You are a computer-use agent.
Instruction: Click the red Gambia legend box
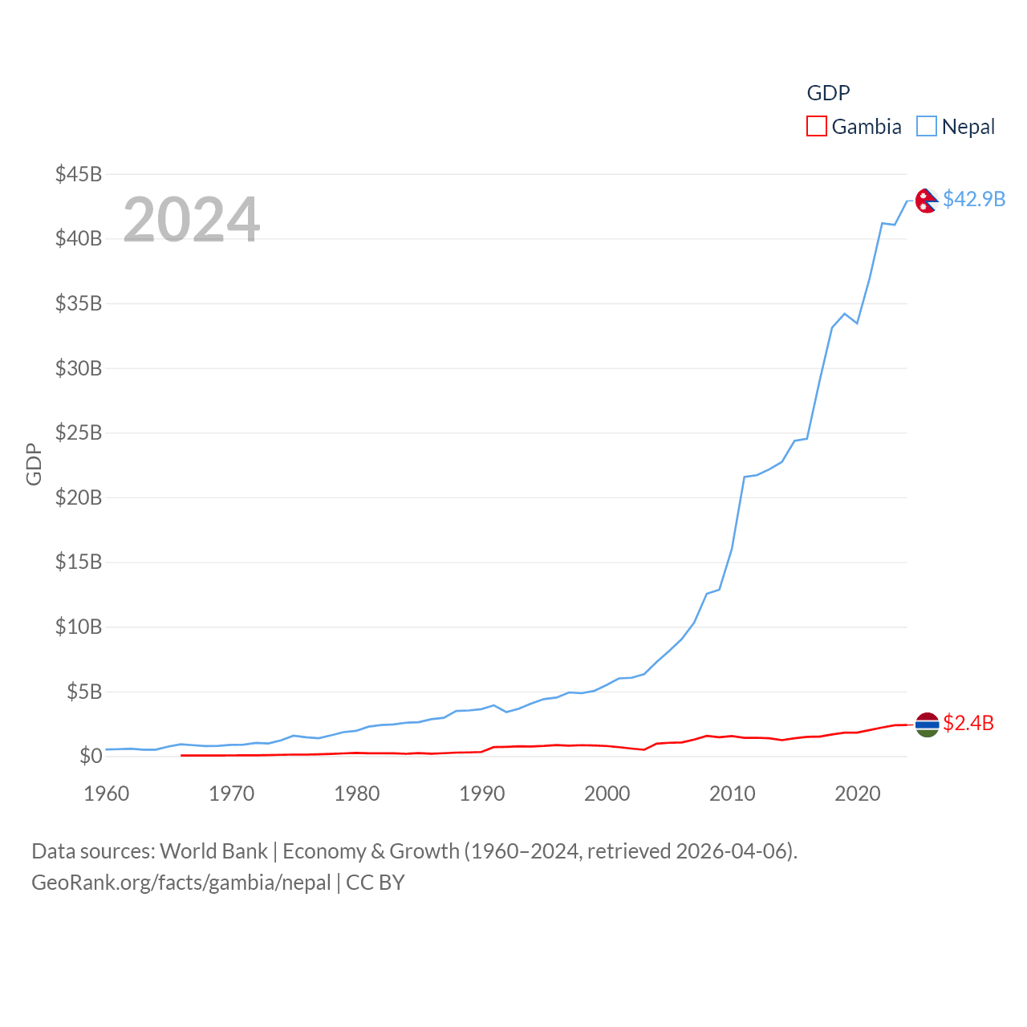tap(816, 127)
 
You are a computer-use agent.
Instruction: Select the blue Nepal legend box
tap(927, 127)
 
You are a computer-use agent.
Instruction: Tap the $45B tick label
tap(79, 174)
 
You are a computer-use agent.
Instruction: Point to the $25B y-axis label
tap(79, 433)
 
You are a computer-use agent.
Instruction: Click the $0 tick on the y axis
tap(91, 756)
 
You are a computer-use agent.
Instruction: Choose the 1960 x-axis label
tap(106, 794)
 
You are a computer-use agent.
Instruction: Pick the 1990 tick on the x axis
tap(481, 794)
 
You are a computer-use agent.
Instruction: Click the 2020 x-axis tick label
tap(857, 794)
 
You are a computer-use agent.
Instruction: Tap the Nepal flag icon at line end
tap(927, 201)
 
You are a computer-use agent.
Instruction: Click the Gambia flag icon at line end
tap(927, 725)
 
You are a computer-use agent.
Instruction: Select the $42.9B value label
tap(974, 199)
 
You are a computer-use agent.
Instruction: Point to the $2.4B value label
tap(968, 723)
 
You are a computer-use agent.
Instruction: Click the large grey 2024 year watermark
tap(191, 219)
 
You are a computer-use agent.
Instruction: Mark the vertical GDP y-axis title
tap(34, 464)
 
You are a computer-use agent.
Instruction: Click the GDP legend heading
tap(828, 93)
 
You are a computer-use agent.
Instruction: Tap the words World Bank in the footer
tap(213, 850)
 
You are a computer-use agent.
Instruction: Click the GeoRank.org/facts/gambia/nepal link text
tap(181, 883)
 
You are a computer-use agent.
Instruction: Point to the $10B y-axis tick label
tap(79, 627)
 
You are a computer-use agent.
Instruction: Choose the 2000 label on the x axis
tap(607, 794)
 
